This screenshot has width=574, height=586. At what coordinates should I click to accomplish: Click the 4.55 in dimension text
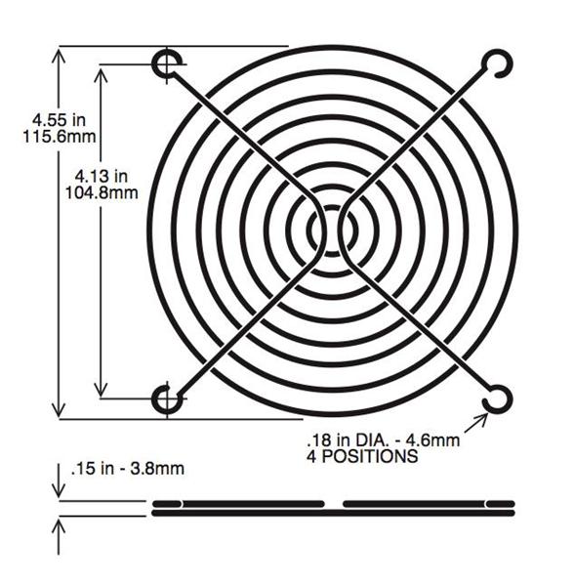tap(59, 120)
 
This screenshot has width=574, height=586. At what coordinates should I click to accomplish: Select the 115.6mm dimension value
tap(60, 137)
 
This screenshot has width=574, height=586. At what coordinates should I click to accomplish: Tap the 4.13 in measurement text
tap(102, 176)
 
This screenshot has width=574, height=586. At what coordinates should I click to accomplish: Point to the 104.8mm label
tap(102, 192)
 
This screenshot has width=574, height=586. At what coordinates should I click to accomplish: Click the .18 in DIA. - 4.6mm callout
tap(384, 439)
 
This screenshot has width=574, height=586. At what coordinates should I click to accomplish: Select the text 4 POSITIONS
tap(362, 456)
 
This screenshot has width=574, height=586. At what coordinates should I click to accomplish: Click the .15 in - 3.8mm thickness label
tap(127, 468)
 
